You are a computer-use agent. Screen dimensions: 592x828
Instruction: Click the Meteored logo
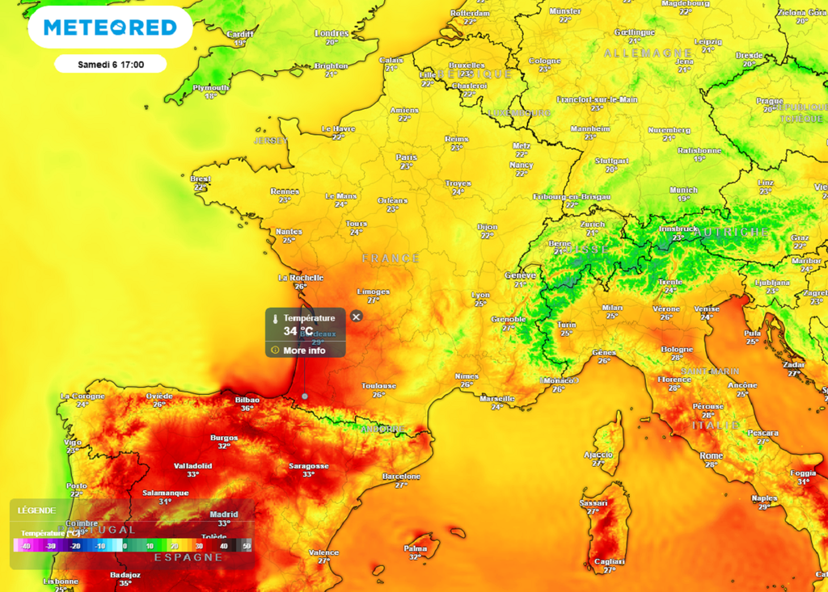(110, 27)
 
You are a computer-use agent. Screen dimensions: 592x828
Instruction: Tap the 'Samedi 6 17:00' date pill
(111, 64)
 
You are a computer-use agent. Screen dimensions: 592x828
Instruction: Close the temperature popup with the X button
(357, 317)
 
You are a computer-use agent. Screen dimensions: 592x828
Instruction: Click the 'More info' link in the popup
(304, 351)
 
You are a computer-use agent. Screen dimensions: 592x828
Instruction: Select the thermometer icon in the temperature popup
(276, 318)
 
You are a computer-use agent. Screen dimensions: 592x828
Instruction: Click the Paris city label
(406, 157)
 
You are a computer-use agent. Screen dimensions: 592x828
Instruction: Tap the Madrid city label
(224, 514)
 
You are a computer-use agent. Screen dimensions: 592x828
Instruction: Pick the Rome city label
(712, 456)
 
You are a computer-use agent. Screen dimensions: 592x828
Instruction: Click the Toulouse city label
(378, 386)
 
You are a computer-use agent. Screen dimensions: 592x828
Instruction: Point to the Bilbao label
(247, 400)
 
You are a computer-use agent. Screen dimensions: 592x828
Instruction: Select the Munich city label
(683, 190)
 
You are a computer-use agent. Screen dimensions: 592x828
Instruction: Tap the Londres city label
(332, 33)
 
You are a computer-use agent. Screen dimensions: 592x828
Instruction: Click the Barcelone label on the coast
(401, 477)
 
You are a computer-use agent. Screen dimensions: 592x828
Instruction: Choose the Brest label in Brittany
(201, 178)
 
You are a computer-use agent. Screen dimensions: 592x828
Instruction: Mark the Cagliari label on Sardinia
(610, 561)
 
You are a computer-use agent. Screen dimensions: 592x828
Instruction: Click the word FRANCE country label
(391, 258)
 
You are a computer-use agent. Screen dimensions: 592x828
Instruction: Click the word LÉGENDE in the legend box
(36, 510)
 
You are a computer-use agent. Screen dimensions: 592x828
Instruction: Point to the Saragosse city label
(309, 466)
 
